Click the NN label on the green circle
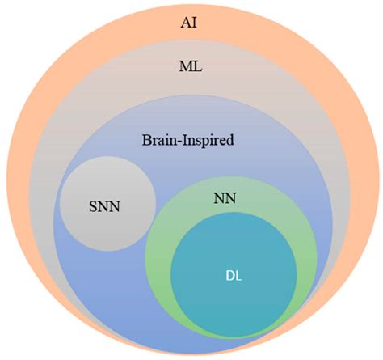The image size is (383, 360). point(224,197)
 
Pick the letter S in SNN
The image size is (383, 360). point(93,205)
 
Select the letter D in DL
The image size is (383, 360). point(229,275)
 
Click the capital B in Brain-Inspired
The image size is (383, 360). point(145,140)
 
